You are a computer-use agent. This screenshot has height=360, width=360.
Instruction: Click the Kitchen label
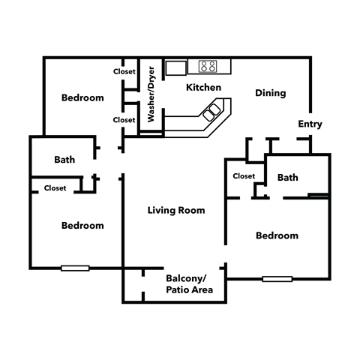tap(203, 88)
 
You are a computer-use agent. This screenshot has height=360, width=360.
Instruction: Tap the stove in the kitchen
tap(207, 66)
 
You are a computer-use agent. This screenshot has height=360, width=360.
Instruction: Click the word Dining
tap(270, 94)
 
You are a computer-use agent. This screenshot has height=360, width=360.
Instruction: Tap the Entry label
tap(310, 124)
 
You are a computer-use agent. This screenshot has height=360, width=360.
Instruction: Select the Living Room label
tap(175, 211)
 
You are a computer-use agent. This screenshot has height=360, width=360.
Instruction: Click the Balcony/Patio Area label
tap(189, 283)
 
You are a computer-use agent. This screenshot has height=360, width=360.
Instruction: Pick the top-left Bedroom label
tap(82, 97)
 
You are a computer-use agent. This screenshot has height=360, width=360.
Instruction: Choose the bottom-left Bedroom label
tap(82, 225)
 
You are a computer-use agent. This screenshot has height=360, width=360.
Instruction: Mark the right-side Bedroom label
tap(277, 235)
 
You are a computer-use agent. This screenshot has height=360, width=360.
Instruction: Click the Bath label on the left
tap(64, 160)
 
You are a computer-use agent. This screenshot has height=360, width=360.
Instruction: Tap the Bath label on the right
tap(288, 178)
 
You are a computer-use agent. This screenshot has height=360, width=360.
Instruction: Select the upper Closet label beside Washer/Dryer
tap(124, 72)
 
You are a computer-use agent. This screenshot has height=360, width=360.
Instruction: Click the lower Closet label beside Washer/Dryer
tap(124, 119)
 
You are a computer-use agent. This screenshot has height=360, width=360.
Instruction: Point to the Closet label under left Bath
tap(55, 188)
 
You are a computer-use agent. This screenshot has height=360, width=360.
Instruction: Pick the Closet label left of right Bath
tap(244, 176)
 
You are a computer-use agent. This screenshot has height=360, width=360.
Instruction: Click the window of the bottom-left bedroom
tap(75, 268)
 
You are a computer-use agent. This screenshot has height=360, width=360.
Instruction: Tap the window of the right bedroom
tap(277, 279)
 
